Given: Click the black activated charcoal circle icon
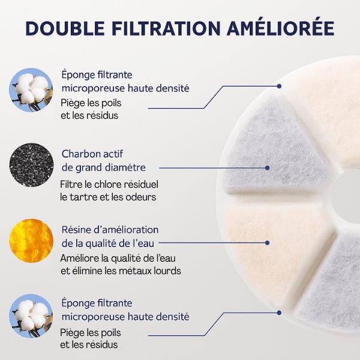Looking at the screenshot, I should coord(31,164).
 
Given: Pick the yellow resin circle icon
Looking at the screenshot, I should coord(31,241).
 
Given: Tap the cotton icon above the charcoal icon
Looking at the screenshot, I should coord(31,89).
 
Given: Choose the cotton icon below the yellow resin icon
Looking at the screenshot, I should coord(31,316).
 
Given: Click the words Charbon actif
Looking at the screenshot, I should coord(92,154).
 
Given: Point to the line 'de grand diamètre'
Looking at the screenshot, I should coord(103,167).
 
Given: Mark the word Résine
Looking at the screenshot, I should coord(76,230).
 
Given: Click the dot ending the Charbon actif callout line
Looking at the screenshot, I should coord(267,168).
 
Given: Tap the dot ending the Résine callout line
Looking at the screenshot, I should coord(267,242).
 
